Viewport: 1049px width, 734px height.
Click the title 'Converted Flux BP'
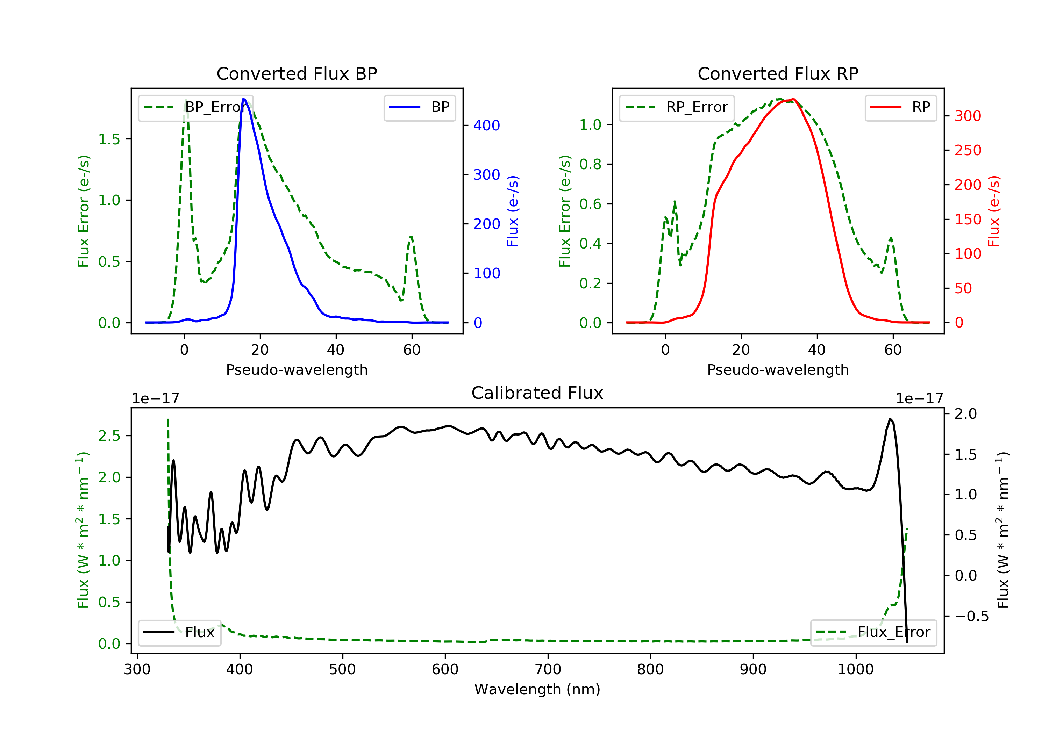tap(297, 73)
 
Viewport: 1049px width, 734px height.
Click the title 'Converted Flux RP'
tap(778, 73)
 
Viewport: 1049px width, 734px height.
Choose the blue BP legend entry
tap(419, 107)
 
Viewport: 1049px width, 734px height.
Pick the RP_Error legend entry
tap(677, 107)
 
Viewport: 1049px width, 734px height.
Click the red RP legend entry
tap(900, 107)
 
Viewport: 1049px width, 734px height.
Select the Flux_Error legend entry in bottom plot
tap(873, 632)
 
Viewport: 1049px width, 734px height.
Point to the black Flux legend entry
tap(179, 632)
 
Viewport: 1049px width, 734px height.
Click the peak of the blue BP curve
tap(244, 99)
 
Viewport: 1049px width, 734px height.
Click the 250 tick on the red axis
tap(968, 150)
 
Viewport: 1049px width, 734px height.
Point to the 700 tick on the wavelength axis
tap(548, 670)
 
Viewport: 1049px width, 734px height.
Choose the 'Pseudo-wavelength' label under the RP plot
tap(778, 369)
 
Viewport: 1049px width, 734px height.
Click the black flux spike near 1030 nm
tap(890, 419)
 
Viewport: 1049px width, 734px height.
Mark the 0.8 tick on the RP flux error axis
tap(590, 164)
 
